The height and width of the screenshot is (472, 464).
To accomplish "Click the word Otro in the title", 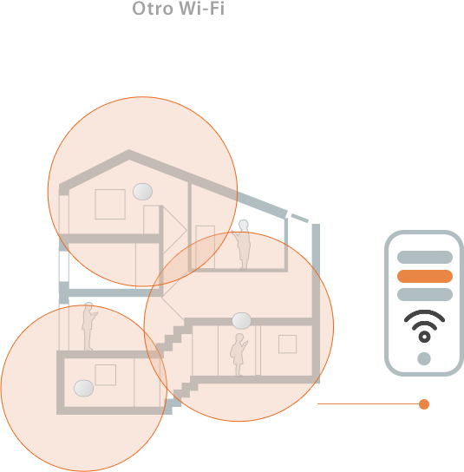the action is pos(154,8).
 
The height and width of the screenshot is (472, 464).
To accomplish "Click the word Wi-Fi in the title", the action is pos(202,8).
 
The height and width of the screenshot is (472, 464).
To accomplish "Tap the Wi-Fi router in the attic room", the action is pos(142,192).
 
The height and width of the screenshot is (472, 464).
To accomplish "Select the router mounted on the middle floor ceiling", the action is pos(242,320).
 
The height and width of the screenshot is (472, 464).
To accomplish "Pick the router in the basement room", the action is pos(83,389).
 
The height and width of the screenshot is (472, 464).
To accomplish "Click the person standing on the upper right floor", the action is pos(242,245).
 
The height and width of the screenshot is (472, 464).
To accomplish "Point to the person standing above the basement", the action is pos(88,326).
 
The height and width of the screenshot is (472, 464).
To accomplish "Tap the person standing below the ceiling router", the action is pos(239,355).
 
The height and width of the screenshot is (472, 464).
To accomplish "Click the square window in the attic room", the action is pos(110,204).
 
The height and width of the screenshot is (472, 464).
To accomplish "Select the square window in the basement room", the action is pos(106,375).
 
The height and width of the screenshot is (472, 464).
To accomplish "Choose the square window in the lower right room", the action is pos(287,344).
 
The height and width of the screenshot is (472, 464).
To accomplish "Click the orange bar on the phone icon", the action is pos(425,276).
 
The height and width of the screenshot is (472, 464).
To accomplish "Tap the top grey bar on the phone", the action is pos(425,257).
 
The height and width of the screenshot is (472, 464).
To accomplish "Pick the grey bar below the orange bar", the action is pos(425,294).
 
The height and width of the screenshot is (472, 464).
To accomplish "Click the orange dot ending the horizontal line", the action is pos(424,404).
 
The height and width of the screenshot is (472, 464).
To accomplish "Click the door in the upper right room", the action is pos(206,246).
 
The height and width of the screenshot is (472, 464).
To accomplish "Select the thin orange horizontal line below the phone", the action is pos(369,404).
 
